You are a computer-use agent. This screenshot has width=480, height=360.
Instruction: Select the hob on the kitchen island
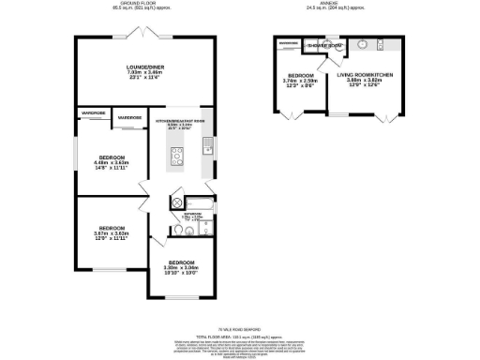pyautogui.click(x=176, y=154)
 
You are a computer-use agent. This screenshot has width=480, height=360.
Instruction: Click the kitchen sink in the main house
pyautogui.click(x=208, y=148)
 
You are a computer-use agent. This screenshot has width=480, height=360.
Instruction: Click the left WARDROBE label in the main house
pyautogui.click(x=93, y=112)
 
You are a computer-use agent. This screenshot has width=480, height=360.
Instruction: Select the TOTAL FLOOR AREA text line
pyautogui.click(x=239, y=335)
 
